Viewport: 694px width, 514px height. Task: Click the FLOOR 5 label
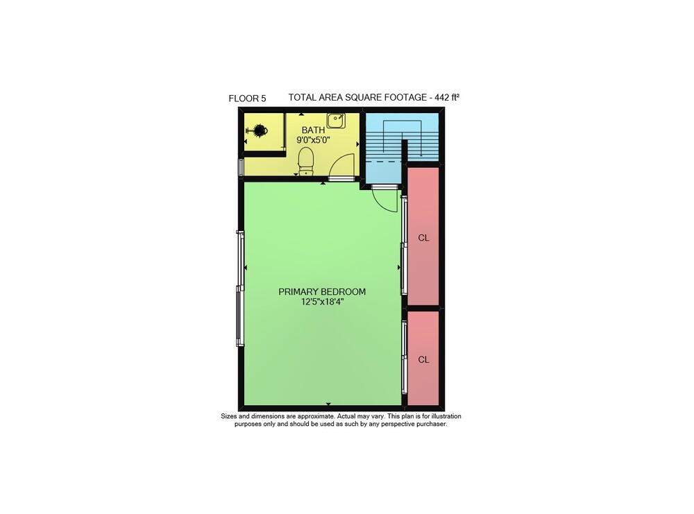(x=247, y=98)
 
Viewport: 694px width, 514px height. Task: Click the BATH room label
(x=314, y=130)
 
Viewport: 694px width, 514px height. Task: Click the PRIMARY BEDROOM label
(x=322, y=292)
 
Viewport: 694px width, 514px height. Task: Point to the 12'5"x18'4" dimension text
(x=322, y=302)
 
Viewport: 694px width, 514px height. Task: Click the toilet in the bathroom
(x=306, y=161)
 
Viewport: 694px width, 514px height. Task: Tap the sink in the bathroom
(x=337, y=120)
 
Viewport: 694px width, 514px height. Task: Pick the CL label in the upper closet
(x=423, y=238)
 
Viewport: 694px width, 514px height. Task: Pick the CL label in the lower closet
(x=423, y=359)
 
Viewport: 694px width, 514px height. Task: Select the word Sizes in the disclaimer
(x=229, y=416)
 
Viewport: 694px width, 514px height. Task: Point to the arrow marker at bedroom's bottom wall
(x=328, y=404)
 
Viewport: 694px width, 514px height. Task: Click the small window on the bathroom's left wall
(x=242, y=168)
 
